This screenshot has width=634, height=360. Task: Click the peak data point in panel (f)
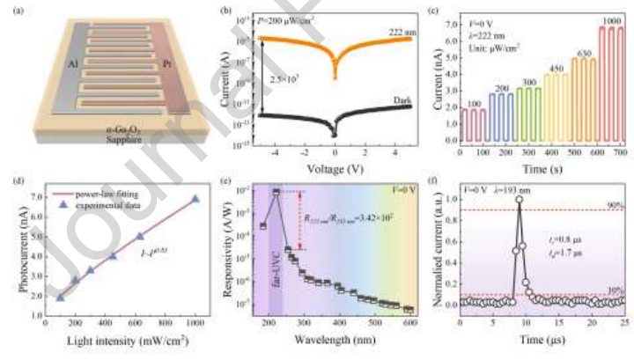tap(520, 199)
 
